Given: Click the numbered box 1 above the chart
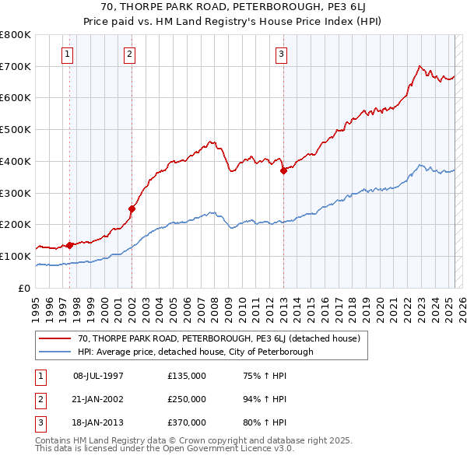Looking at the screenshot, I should tap(68, 54).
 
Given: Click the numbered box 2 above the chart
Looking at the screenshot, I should tap(128, 54).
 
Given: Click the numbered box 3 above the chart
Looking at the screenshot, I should tap(280, 54).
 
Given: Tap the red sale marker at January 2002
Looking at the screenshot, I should tap(132, 208).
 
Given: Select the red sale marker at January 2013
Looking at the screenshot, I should tap(283, 171).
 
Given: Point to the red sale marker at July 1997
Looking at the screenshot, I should tap(70, 245).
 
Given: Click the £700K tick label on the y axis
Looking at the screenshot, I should tap(16, 66).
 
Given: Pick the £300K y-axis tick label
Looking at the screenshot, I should tap(16, 193).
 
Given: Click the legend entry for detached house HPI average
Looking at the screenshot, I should tap(195, 352).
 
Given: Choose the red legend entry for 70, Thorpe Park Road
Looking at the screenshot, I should tap(218, 339).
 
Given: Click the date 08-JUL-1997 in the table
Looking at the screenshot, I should tap(98, 376).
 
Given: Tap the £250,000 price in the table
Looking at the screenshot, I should tap(187, 399).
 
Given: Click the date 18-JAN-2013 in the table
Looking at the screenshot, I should tap(98, 422).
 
